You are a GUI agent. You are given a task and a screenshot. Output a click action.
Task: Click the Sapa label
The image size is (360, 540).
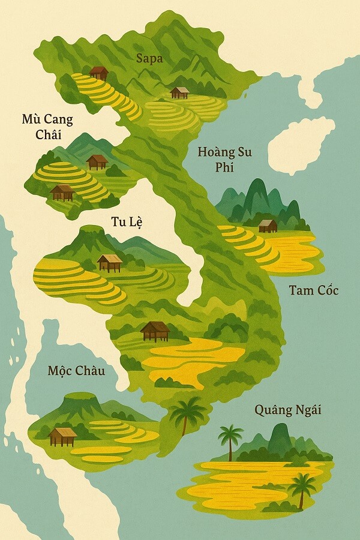pyautogui.click(x=149, y=58)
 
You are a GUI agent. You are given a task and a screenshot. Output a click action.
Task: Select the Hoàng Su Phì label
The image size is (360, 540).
pyautogui.click(x=224, y=159)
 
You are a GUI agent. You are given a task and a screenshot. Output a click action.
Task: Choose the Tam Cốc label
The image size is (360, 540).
pyautogui.click(x=313, y=290)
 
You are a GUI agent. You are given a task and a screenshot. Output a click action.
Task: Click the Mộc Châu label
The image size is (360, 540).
pyautogui.click(x=76, y=370)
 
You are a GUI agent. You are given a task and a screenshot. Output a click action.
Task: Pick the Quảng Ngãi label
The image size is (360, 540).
pyautogui.click(x=288, y=410)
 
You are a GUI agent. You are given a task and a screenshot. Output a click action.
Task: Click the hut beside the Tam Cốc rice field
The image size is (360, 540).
pyautogui.click(x=268, y=226)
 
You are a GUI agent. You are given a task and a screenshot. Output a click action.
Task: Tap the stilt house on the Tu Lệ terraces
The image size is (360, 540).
pyautogui.click(x=110, y=262)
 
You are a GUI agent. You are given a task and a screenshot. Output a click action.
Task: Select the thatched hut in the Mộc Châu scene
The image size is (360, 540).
pyautogui.click(x=63, y=436)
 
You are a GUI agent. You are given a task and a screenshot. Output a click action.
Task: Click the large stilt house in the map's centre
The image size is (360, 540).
pyautogui.click(x=155, y=331)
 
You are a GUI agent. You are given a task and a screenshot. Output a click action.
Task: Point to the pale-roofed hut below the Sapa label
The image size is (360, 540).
pyautogui.click(x=179, y=92)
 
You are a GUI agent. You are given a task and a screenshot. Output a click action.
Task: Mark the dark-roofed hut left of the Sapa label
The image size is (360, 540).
pyautogui.click(x=99, y=73)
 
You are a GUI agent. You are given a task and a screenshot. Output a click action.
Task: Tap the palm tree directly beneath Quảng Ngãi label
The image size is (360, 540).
pyautogui.click(x=230, y=441)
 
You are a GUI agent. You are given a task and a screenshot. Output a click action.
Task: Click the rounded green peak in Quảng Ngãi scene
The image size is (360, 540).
pyautogui.click(x=280, y=438)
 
